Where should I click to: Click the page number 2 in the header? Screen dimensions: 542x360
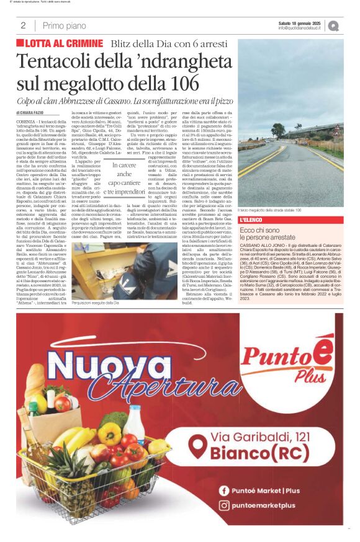[x=23, y=25]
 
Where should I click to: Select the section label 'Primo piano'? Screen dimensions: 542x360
[x=65, y=25]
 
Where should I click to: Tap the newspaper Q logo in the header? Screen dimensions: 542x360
[x=333, y=25]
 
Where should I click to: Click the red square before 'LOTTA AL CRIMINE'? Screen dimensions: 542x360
[x=20, y=43]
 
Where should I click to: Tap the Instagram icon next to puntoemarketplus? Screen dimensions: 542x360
[x=223, y=505]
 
